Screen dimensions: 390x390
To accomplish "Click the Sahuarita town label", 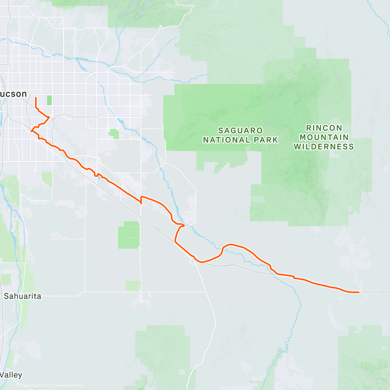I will point(22,296).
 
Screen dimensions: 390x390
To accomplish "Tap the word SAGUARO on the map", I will point(240,131).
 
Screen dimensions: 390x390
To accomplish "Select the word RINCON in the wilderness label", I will point(324,128).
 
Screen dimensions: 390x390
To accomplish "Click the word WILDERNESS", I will point(324,147).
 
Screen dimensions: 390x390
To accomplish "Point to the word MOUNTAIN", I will point(324,137).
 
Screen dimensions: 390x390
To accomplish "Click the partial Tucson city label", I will point(13,94).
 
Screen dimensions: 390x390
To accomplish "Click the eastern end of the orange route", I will point(359,292).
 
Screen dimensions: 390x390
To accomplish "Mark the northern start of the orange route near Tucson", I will point(35,97).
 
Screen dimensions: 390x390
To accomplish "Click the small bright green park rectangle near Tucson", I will point(49,100).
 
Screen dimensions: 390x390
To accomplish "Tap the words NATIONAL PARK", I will point(240,140).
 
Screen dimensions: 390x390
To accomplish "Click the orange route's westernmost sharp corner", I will point(31,131).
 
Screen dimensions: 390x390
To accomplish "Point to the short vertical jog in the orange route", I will point(141,200).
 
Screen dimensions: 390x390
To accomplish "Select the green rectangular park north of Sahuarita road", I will point(129,235).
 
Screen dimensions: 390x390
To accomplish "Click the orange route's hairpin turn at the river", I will point(184,225).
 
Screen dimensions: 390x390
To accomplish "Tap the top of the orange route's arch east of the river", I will point(231,244).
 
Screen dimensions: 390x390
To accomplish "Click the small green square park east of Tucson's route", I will point(114,134).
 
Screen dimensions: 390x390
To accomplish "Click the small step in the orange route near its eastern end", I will point(294,277).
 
